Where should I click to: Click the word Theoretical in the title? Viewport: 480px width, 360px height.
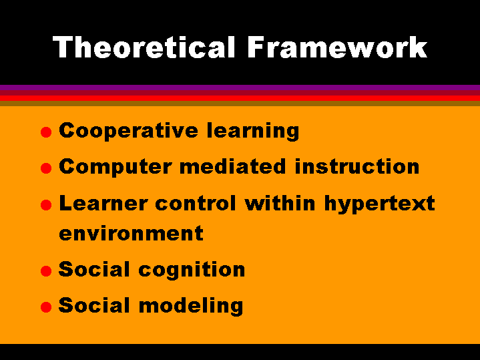[144, 47]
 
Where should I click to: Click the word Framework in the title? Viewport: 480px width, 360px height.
[337, 47]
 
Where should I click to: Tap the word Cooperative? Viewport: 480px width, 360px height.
[129, 131]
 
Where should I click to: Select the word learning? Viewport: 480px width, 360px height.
[253, 131]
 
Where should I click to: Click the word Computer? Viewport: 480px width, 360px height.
[115, 167]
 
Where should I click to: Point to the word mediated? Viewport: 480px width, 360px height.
[233, 166]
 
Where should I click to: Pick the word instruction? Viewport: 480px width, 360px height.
[357, 166]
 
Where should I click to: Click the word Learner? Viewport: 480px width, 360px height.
[103, 203]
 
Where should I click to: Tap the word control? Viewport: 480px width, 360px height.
[196, 203]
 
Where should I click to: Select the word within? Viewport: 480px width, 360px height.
[280, 203]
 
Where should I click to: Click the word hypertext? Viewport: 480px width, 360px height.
[380, 204]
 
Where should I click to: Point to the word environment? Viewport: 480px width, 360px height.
[131, 234]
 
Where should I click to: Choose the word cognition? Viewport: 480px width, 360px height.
[192, 271]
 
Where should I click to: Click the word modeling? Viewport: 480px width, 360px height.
[191, 306]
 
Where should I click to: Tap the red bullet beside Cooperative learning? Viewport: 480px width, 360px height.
[46, 132]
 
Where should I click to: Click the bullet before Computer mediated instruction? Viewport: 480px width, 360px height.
[46, 168]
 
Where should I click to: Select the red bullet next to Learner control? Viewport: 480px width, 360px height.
[46, 204]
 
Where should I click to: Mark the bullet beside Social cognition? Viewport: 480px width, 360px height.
[46, 271]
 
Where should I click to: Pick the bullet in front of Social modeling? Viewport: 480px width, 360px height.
[46, 307]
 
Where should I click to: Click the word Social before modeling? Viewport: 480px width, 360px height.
[94, 305]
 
